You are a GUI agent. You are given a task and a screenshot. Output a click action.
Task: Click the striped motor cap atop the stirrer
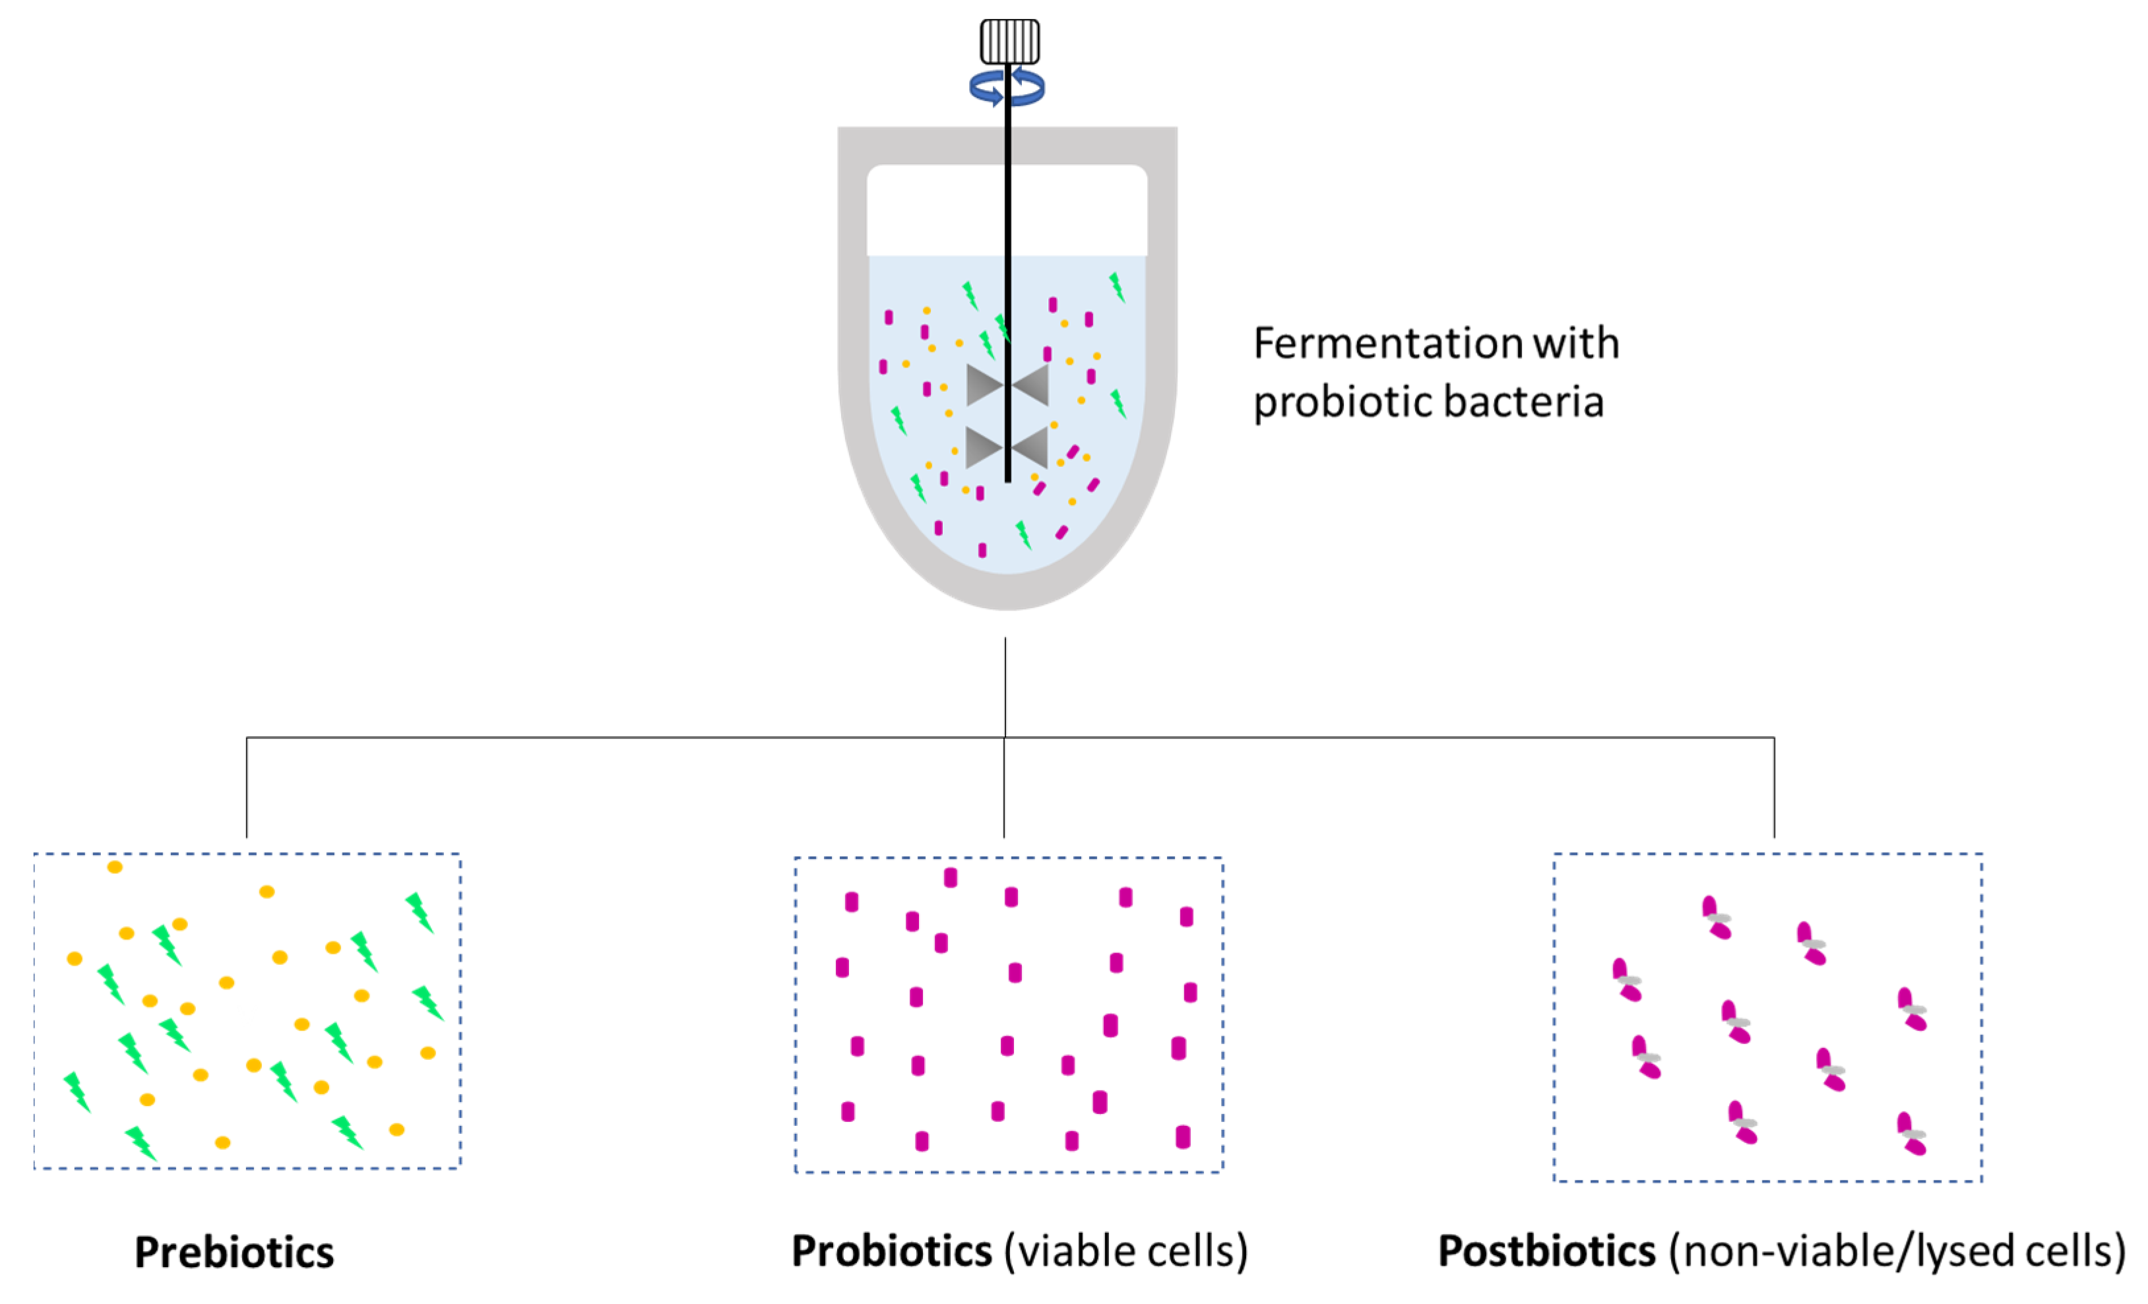tap(1009, 41)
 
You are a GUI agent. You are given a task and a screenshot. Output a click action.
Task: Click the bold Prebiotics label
tap(234, 1252)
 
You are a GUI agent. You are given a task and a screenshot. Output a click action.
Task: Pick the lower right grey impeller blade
tap(1030, 448)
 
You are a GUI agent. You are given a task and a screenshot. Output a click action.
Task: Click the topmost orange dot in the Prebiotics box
tap(114, 867)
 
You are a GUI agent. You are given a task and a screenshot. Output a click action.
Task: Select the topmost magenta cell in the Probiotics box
tap(950, 877)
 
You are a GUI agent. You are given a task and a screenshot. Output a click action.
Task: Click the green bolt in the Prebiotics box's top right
tap(420, 912)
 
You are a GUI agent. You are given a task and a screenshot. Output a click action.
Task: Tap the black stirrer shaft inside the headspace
tap(1008, 209)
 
